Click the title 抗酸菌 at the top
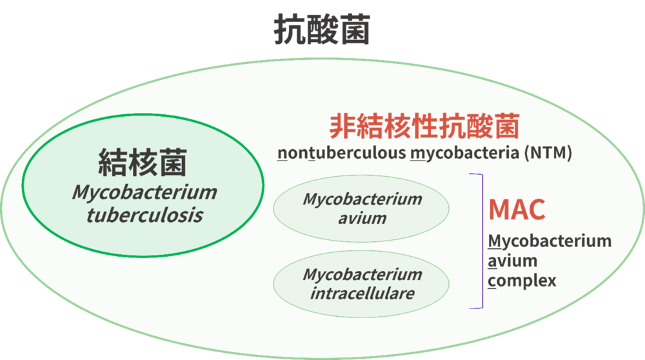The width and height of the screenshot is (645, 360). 322,29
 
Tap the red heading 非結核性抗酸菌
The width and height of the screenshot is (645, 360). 424,126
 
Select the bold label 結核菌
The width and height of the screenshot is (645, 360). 143,163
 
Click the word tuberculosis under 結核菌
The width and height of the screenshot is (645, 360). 144,215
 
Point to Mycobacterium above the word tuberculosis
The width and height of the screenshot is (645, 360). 144,193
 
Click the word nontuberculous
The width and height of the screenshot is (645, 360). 342,153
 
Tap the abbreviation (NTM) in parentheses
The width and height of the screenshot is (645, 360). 548,153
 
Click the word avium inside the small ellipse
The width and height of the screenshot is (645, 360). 362,219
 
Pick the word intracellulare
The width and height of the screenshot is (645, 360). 362,294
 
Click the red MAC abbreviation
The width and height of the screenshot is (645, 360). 517,210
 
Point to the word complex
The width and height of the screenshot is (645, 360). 522,281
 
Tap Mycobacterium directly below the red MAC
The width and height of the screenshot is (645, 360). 550,241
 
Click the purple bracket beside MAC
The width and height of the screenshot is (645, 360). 482,241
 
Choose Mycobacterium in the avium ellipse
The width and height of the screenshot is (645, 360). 362,199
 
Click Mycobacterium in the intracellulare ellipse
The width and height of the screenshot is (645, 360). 362,275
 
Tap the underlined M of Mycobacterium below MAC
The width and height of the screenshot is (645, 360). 495,241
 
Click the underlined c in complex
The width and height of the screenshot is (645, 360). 492,281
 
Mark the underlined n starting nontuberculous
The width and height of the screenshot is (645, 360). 283,154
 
